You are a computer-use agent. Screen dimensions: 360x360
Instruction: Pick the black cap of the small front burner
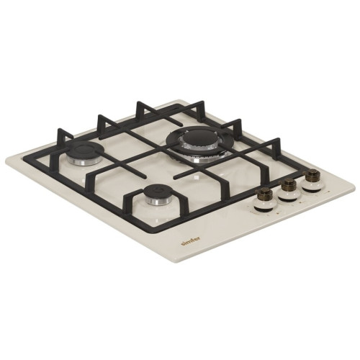click(x=157, y=191)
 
